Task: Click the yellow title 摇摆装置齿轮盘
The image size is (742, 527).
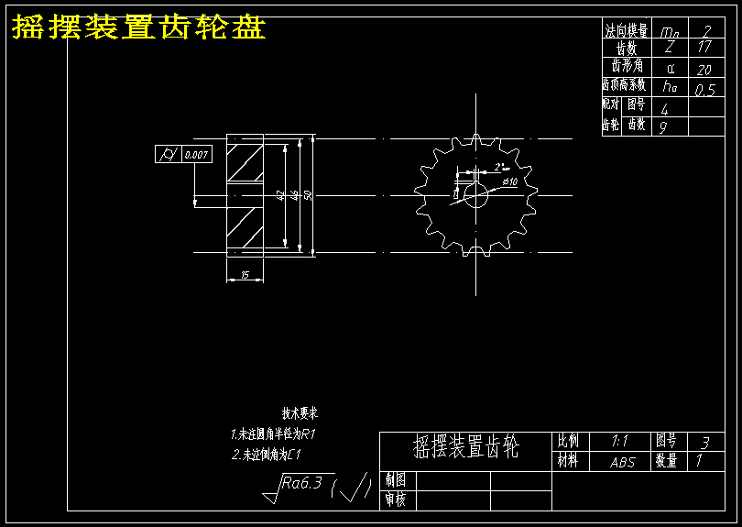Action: tap(138, 28)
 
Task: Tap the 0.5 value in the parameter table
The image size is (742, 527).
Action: tap(704, 90)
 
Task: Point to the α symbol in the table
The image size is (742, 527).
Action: tap(670, 68)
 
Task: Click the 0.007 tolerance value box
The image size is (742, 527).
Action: tap(197, 154)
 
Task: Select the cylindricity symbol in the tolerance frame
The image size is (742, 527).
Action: tap(169, 154)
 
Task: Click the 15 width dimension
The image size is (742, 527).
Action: tap(245, 274)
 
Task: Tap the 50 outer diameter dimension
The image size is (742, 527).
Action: tap(308, 194)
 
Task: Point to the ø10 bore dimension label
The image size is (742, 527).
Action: tap(509, 182)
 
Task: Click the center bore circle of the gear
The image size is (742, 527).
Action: tap(475, 194)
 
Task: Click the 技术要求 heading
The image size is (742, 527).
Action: tap(300, 414)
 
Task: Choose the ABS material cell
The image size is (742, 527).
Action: tap(622, 463)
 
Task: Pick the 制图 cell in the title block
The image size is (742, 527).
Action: tap(396, 480)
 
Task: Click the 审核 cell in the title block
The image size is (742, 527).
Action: tap(396, 500)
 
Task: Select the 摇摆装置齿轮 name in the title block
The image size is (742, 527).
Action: tap(465, 448)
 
